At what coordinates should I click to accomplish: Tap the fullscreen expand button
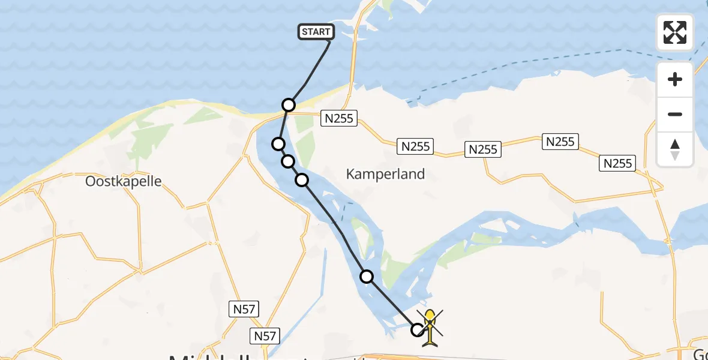(x=675, y=32)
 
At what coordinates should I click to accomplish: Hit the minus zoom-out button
(x=675, y=114)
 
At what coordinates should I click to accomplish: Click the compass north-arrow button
(x=675, y=149)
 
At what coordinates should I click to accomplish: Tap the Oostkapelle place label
(x=124, y=181)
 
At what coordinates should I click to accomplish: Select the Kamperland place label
(x=385, y=174)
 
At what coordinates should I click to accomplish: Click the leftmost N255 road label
(x=339, y=118)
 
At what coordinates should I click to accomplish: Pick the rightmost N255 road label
(x=618, y=163)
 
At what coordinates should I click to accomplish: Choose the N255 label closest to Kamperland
(x=415, y=146)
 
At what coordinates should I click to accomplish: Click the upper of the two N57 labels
(x=244, y=310)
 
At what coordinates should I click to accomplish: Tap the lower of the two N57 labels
(x=265, y=336)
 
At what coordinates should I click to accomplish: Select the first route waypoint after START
(x=289, y=105)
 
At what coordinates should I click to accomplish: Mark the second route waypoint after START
(x=278, y=143)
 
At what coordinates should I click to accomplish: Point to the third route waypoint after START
(x=288, y=161)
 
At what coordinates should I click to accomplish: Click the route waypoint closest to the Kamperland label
(x=302, y=179)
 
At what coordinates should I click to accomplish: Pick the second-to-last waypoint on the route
(x=366, y=277)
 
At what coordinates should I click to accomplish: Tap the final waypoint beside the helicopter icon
(x=418, y=329)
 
